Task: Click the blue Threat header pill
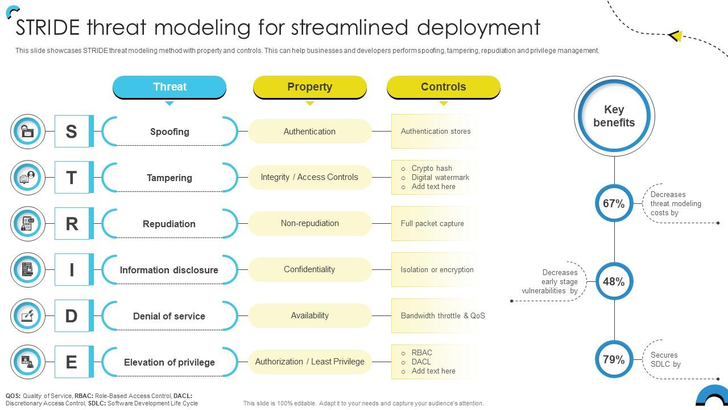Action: point(169,87)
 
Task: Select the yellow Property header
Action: point(309,87)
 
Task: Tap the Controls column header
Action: point(443,87)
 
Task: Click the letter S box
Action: point(72,131)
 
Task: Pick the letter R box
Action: point(72,223)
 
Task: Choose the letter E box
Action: point(72,362)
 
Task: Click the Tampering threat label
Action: point(169,178)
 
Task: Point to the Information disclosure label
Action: point(169,270)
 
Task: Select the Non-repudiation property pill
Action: point(309,223)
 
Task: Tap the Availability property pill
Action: point(309,315)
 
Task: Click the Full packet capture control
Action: point(432,223)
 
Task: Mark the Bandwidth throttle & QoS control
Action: point(442,315)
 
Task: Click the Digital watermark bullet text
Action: point(440,177)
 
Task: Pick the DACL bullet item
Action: point(421,362)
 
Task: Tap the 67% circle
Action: point(614,203)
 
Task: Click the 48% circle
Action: point(614,281)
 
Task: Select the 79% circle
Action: point(614,359)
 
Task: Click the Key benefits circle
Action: point(614,116)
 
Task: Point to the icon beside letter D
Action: point(27,315)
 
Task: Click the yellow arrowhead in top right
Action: point(676,36)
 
